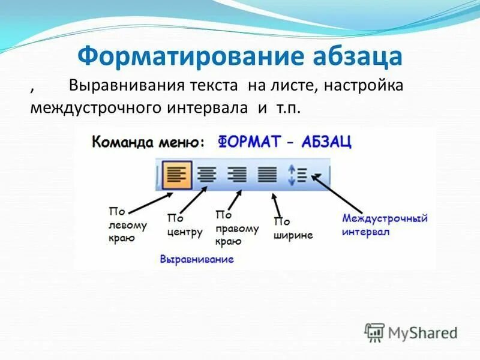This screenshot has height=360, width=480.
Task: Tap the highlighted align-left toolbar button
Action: [x=176, y=175]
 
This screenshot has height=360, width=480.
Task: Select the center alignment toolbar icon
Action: [x=207, y=175]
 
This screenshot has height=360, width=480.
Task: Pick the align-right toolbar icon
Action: [x=237, y=175]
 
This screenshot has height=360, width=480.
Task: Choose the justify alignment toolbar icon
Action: [x=267, y=175]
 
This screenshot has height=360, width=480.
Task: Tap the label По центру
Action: [x=184, y=226]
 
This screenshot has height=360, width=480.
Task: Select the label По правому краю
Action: [x=236, y=228]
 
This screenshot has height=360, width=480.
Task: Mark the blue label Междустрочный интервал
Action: [x=384, y=224]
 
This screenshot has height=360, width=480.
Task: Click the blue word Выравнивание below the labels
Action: [x=197, y=259]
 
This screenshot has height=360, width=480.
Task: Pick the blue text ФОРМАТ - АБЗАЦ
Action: [x=284, y=142]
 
